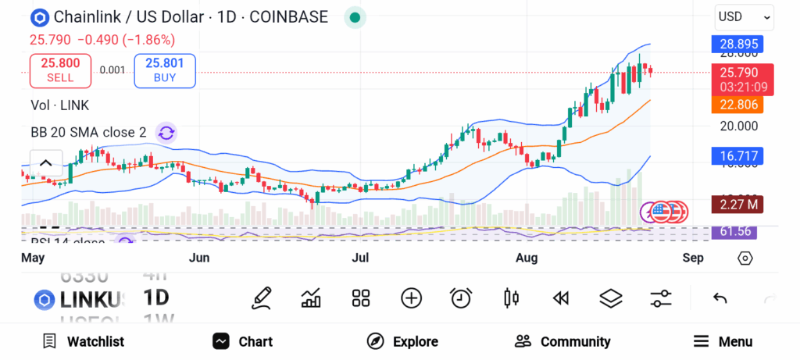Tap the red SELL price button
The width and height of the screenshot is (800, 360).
tap(60, 70)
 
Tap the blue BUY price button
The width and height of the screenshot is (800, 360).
tap(165, 70)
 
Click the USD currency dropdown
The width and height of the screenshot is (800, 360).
tap(744, 16)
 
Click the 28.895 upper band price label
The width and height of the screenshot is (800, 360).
tap(737, 45)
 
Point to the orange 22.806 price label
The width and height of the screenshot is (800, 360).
tap(737, 104)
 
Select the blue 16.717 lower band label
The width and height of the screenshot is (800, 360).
tap(737, 156)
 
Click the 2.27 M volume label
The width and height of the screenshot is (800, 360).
tap(737, 205)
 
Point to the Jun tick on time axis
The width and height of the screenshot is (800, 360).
tap(199, 258)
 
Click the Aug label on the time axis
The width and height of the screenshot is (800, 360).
tap(529, 258)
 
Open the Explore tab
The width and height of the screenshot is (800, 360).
tap(402, 341)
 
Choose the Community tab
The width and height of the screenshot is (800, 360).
tap(562, 341)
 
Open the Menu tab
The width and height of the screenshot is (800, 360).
tap(723, 341)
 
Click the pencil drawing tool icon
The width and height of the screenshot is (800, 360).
tap(262, 298)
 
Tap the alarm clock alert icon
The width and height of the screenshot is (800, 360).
tap(461, 298)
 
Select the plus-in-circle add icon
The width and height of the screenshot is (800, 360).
tap(411, 298)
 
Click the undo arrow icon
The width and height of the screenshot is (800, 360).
tap(720, 298)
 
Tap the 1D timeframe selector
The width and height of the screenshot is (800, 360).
tap(156, 298)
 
